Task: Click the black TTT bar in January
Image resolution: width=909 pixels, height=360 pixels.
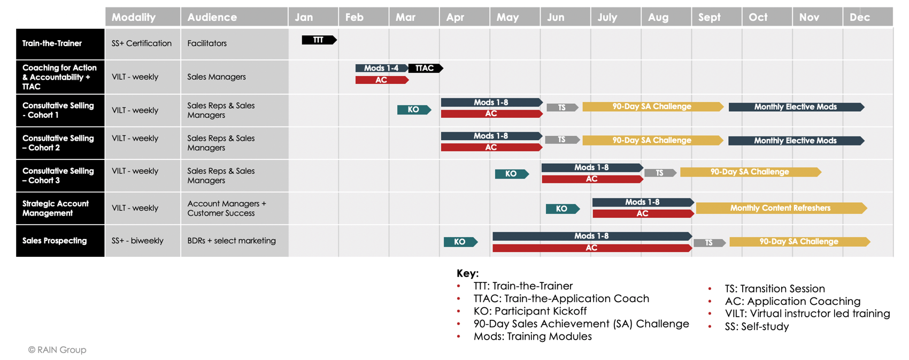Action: point(319,40)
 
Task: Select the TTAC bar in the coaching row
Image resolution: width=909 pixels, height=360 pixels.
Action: point(426,68)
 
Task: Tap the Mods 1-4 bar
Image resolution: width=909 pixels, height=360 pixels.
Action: point(381,68)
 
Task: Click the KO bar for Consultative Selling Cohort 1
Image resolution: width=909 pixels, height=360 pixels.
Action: point(414,110)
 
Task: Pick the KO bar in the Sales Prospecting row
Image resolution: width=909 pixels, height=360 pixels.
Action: point(460,242)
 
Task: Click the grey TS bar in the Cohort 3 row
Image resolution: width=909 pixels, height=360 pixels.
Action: point(660,173)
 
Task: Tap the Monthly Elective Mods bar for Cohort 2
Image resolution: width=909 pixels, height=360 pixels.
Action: point(796,141)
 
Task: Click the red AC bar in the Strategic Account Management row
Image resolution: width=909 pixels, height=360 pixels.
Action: point(643,213)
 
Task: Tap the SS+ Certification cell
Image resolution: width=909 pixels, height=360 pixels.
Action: point(142,43)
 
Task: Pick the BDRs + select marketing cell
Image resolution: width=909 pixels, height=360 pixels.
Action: point(232,241)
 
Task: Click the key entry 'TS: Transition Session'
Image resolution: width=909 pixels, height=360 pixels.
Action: point(775,288)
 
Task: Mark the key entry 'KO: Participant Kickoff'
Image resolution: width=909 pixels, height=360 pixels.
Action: point(530,311)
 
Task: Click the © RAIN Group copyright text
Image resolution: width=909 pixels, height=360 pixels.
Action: point(57,350)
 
